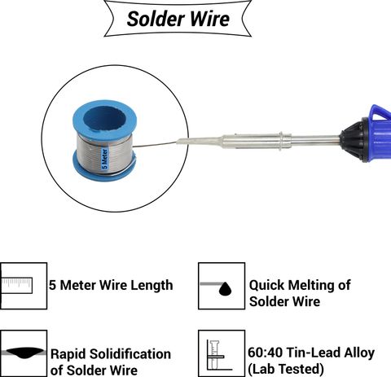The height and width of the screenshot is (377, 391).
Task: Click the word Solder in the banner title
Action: point(156,19)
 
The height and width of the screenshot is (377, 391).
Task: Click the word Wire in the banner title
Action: point(210,19)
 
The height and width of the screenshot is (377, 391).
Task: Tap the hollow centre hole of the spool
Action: point(104,119)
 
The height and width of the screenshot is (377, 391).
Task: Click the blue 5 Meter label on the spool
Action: point(104,159)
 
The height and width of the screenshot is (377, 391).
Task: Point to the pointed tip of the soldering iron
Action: point(178,142)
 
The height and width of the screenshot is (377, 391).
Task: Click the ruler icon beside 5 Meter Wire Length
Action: point(17,286)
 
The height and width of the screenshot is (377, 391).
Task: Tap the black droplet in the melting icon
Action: point(225,289)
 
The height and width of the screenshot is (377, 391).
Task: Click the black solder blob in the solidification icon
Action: point(25,353)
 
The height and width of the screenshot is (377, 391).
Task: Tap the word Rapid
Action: point(68,354)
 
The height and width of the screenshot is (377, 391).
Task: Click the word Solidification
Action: point(130,353)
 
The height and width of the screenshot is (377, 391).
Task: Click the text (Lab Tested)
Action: point(286,369)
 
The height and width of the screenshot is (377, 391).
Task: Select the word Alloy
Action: point(359,353)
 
